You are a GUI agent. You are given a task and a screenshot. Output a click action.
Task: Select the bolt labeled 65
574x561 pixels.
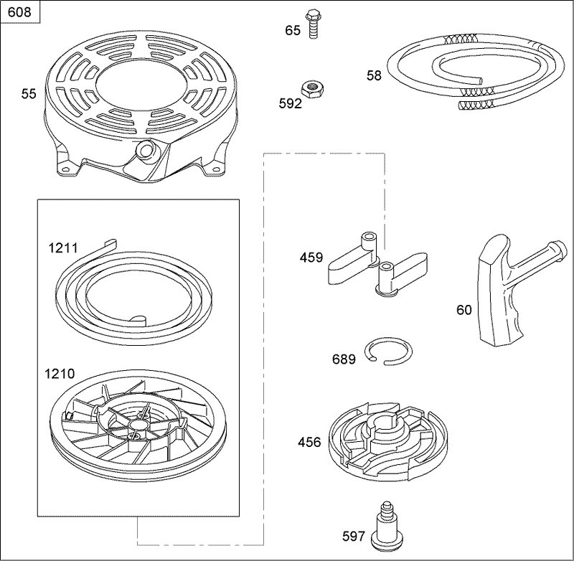pos(312,24)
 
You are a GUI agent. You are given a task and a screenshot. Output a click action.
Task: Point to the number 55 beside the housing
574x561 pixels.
pos(28,93)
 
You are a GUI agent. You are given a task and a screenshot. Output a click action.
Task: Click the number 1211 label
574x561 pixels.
pos(62,247)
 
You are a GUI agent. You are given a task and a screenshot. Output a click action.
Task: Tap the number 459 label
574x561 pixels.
pos(311,258)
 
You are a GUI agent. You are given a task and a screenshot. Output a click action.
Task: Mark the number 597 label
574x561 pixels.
pos(354,536)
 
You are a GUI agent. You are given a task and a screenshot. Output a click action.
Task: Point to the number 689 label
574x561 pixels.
pos(344,359)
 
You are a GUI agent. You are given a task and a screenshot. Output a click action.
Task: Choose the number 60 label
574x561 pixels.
pos(464,310)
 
